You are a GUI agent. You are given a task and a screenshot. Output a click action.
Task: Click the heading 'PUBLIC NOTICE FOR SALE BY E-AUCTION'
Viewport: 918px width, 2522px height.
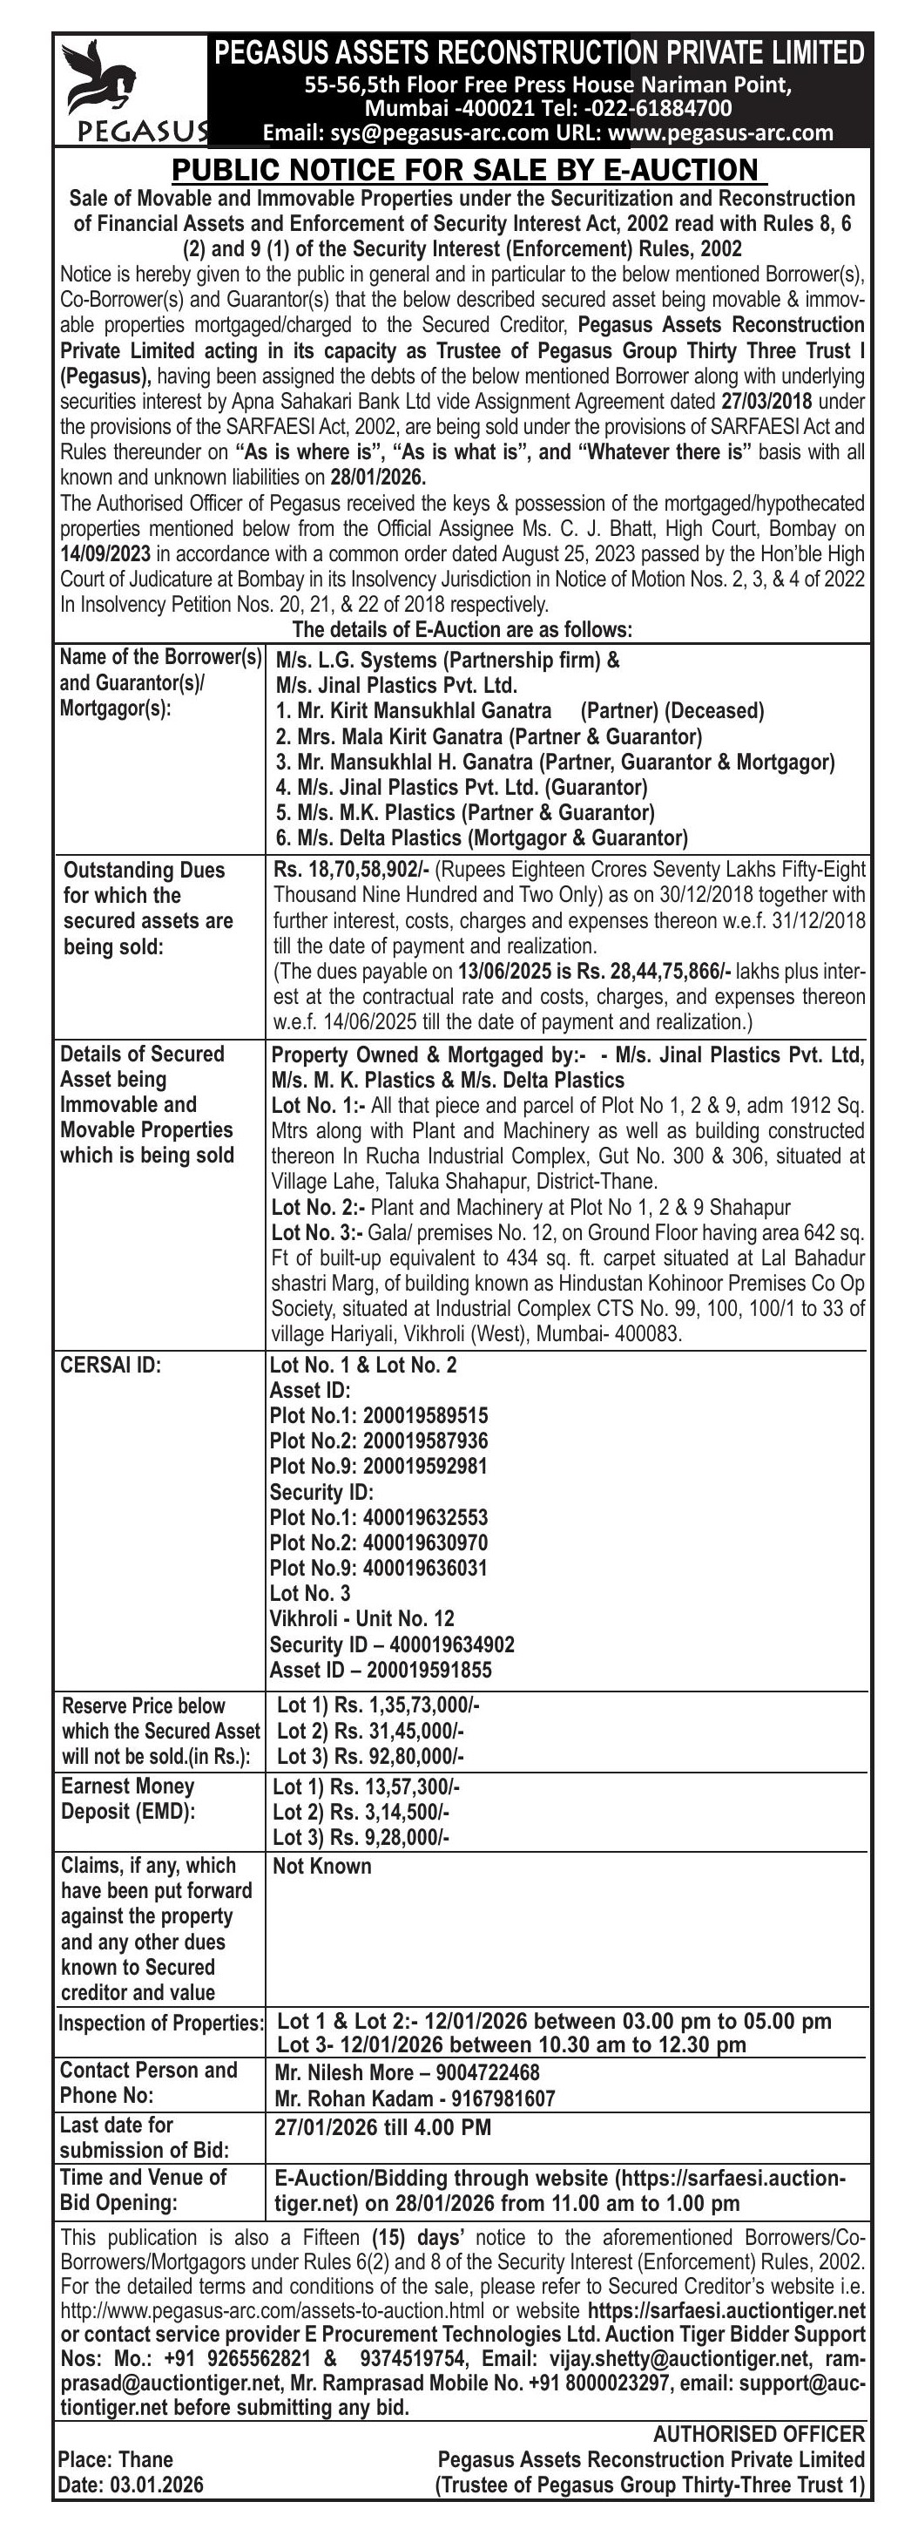coord(469,170)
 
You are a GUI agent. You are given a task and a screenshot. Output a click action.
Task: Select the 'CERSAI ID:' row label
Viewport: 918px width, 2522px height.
coord(111,1365)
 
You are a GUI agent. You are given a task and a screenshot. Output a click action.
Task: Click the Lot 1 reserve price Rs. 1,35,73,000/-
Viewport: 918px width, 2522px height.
coord(406,1705)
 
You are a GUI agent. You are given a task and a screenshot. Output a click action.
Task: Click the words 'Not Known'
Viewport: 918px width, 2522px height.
coord(322,1866)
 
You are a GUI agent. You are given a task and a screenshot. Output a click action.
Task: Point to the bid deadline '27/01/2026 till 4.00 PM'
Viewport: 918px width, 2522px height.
coord(382,2127)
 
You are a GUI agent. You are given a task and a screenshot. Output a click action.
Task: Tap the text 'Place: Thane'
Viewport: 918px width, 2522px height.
coord(116,2459)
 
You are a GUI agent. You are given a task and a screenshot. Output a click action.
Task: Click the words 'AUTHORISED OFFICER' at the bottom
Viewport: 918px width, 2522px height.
coord(759,2434)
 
